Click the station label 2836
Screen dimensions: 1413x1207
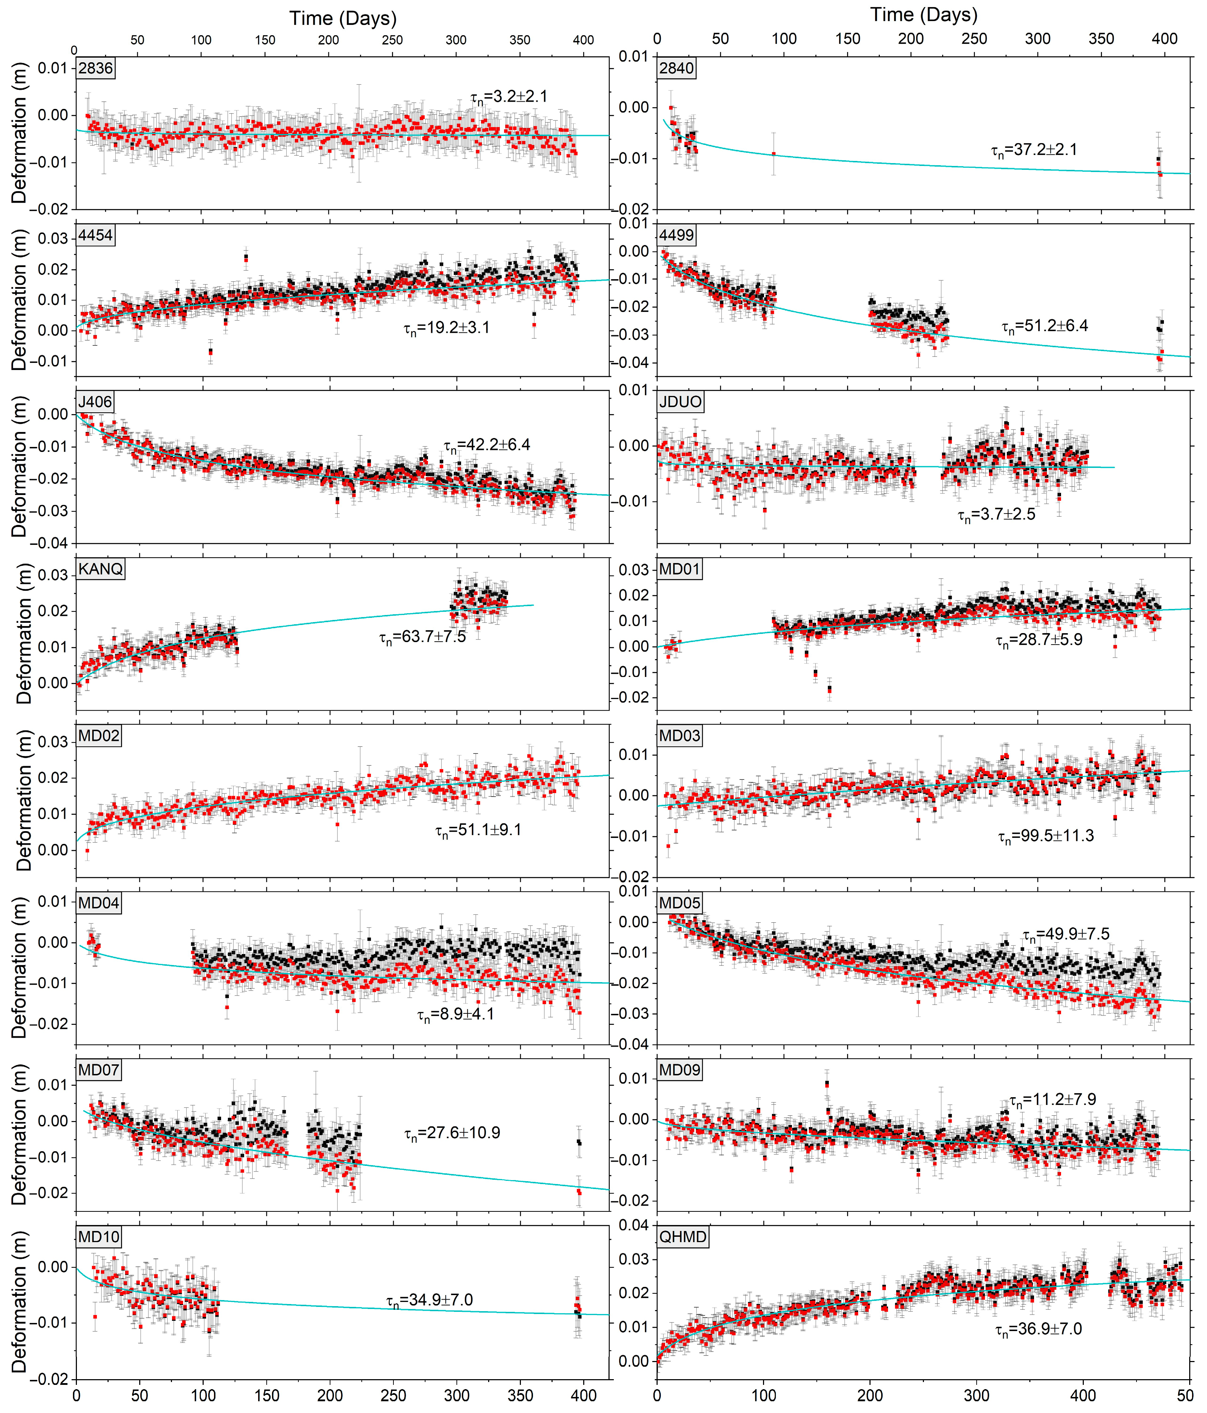tap(95, 68)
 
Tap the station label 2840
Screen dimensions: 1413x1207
tap(676, 68)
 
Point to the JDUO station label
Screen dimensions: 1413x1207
tap(680, 402)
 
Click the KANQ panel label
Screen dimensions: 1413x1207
tap(100, 569)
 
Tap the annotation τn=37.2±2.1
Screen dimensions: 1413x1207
tap(1034, 150)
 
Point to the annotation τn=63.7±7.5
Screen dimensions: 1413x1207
tap(422, 638)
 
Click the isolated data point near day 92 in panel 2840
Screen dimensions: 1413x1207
tap(773, 154)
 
